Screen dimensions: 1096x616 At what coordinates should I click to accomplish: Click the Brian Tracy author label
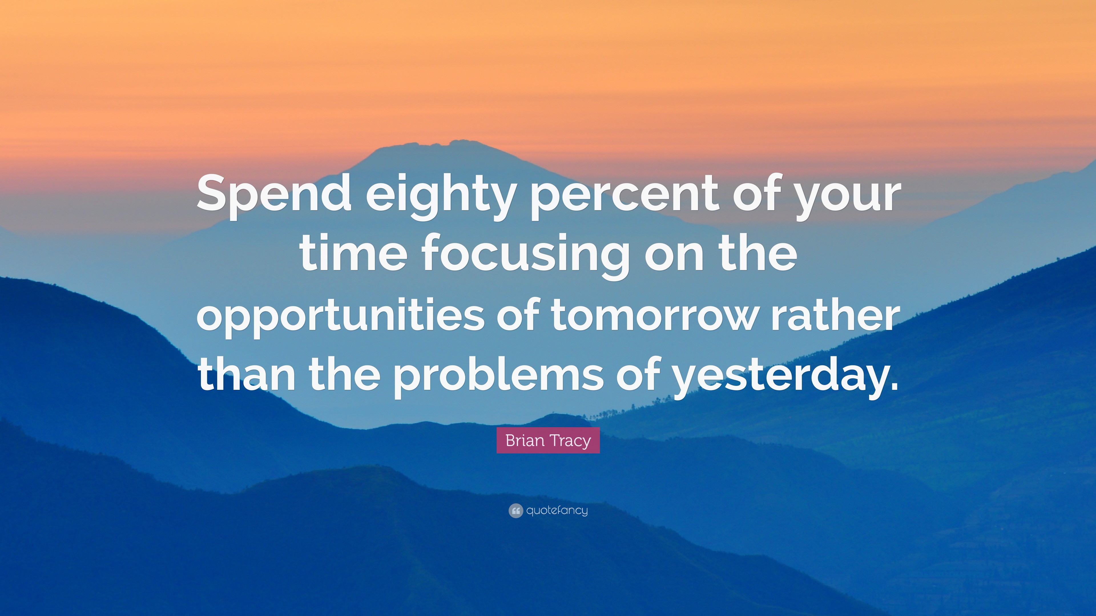pyautogui.click(x=548, y=440)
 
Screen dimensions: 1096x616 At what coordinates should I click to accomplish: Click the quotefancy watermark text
pyautogui.click(x=557, y=510)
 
